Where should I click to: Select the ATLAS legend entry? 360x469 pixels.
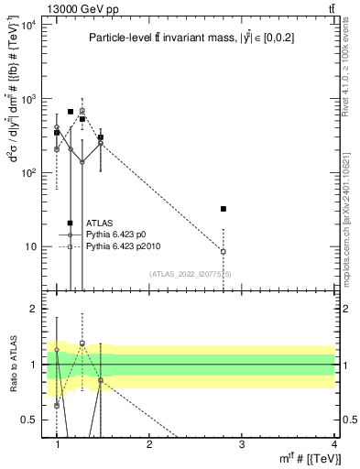[99, 223]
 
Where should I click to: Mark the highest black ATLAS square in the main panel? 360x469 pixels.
[71, 112]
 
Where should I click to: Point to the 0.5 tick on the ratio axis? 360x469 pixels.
[27, 420]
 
